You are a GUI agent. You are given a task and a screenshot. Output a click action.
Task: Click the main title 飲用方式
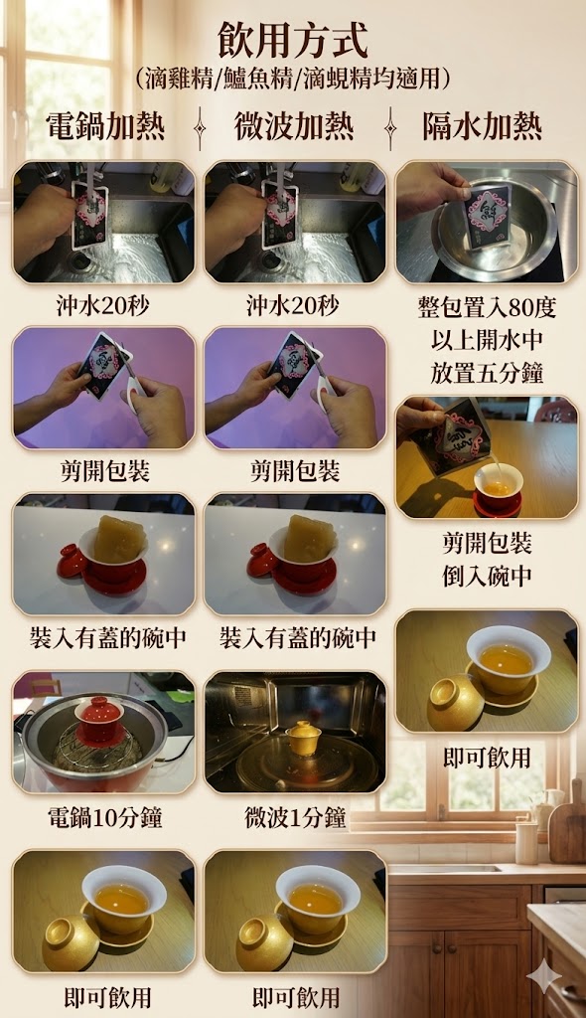pyautogui.click(x=293, y=41)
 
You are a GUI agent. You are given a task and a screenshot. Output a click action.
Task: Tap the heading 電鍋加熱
pyautogui.click(x=105, y=126)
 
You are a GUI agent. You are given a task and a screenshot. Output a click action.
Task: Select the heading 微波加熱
pyautogui.click(x=294, y=126)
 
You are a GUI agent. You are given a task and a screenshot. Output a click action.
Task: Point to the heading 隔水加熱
pyautogui.click(x=482, y=126)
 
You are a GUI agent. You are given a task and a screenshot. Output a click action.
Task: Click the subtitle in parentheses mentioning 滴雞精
pyautogui.click(x=293, y=80)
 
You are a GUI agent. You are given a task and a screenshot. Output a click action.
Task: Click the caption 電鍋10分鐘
pyautogui.click(x=104, y=817)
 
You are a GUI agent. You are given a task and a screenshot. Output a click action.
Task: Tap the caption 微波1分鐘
pyautogui.click(x=295, y=817)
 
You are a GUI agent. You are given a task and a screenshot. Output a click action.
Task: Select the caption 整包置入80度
pyautogui.click(x=487, y=307)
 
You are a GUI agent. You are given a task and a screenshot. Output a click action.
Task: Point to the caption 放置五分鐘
pyautogui.click(x=487, y=374)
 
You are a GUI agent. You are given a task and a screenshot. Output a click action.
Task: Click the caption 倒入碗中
pyautogui.click(x=487, y=576)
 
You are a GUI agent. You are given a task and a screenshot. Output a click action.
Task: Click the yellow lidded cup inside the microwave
pyautogui.click(x=304, y=738)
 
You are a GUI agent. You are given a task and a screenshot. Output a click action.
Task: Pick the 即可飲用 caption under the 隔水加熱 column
pyautogui.click(x=487, y=758)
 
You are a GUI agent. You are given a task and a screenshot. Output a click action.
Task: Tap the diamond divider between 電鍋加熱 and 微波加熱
pyautogui.click(x=200, y=126)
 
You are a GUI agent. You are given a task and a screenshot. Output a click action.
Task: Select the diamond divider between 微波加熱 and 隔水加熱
pyautogui.click(x=390, y=126)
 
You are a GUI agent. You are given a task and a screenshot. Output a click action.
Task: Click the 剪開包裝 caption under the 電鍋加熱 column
pyautogui.click(x=105, y=471)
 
